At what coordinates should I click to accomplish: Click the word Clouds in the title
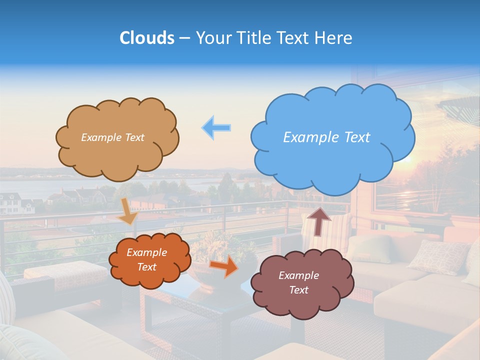[147, 38]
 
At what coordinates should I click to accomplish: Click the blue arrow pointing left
[217, 127]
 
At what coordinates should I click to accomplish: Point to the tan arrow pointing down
[128, 210]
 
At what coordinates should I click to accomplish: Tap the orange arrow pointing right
[223, 266]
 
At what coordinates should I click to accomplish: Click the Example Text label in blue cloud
[326, 137]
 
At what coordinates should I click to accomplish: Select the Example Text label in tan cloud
[112, 137]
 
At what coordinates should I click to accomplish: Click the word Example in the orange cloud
[146, 252]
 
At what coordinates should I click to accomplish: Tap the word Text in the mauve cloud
[298, 290]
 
